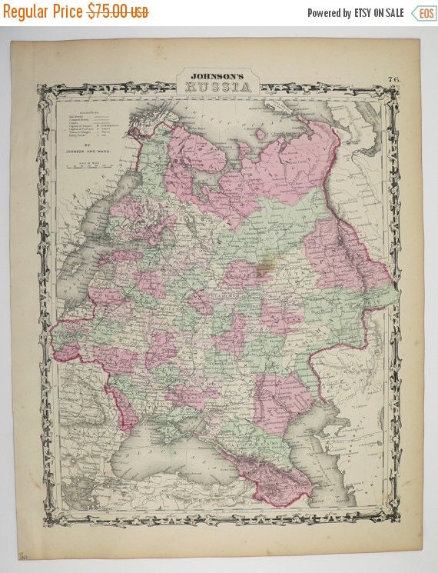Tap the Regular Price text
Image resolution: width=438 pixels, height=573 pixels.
44,12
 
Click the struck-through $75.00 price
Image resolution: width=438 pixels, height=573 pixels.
118,12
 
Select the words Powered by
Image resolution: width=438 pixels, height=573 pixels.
329,13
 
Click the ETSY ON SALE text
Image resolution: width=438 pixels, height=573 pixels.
379,13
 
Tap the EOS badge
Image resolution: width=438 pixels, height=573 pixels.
423,13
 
